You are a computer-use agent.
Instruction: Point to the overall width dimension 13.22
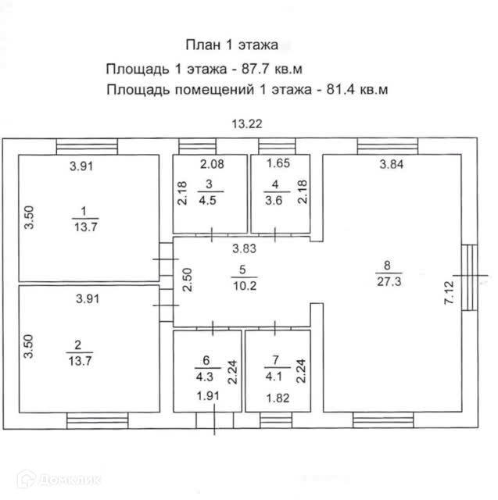tap(246, 123)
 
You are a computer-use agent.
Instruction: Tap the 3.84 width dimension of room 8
tap(393, 165)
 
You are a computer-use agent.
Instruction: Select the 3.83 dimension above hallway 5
tap(244, 249)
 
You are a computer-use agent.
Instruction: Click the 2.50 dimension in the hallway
tap(186, 279)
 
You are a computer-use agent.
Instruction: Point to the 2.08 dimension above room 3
tap(211, 164)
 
